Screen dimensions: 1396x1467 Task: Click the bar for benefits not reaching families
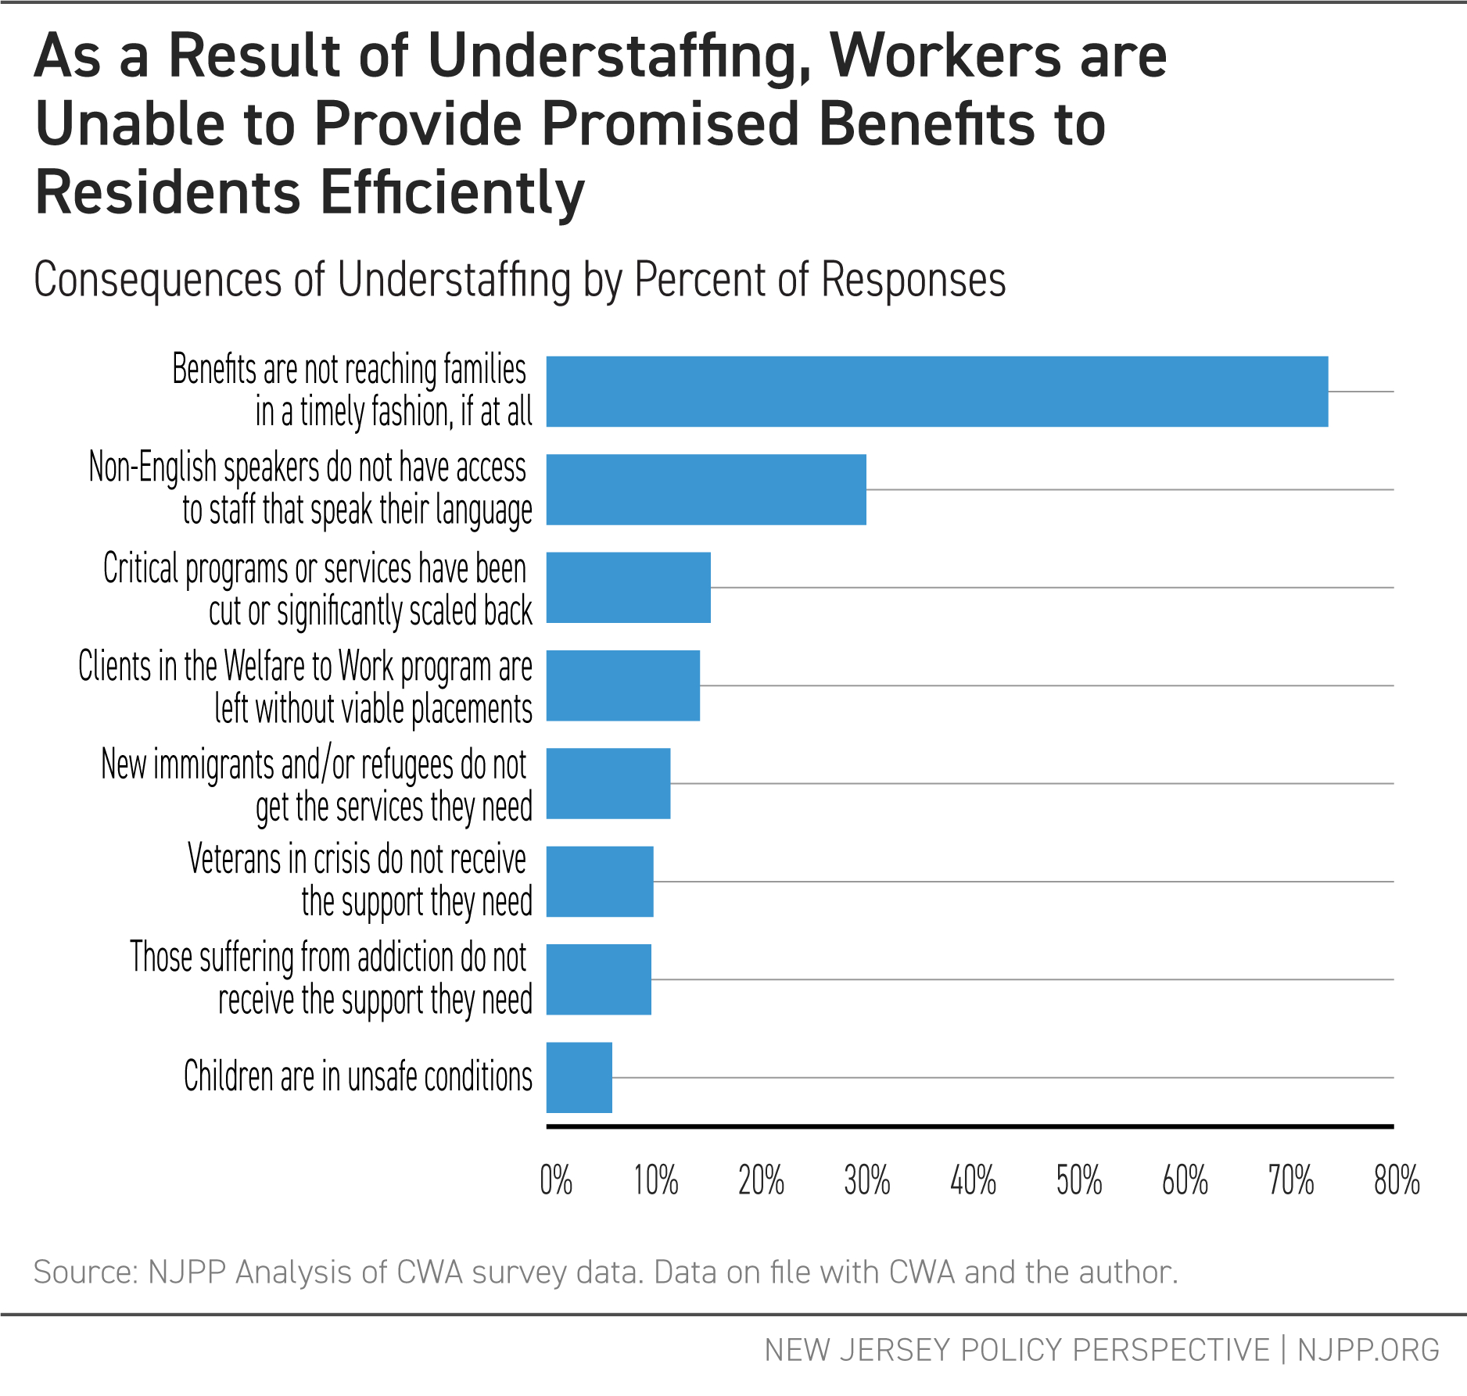coord(936,392)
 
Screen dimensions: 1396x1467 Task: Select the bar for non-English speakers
coord(705,489)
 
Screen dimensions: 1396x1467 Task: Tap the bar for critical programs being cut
coord(628,588)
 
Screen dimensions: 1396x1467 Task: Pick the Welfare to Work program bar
coord(622,685)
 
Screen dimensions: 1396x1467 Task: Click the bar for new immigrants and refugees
coord(608,783)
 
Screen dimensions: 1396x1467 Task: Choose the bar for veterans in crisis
coord(599,882)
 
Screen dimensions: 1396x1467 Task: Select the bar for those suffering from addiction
coord(598,979)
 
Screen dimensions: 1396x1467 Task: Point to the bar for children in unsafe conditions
coord(579,1077)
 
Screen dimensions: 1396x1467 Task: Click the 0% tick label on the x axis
coord(556,1180)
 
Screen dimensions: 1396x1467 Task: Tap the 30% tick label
coord(866,1180)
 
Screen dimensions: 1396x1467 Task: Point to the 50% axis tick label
coord(1078,1180)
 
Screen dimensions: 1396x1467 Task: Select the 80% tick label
coord(1396,1180)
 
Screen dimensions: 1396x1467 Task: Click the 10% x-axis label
coord(655,1180)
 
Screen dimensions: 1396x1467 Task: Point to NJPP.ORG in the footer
coord(1368,1350)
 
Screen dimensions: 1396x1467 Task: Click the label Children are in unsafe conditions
coord(357,1077)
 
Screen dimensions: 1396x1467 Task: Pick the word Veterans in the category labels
coord(234,860)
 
